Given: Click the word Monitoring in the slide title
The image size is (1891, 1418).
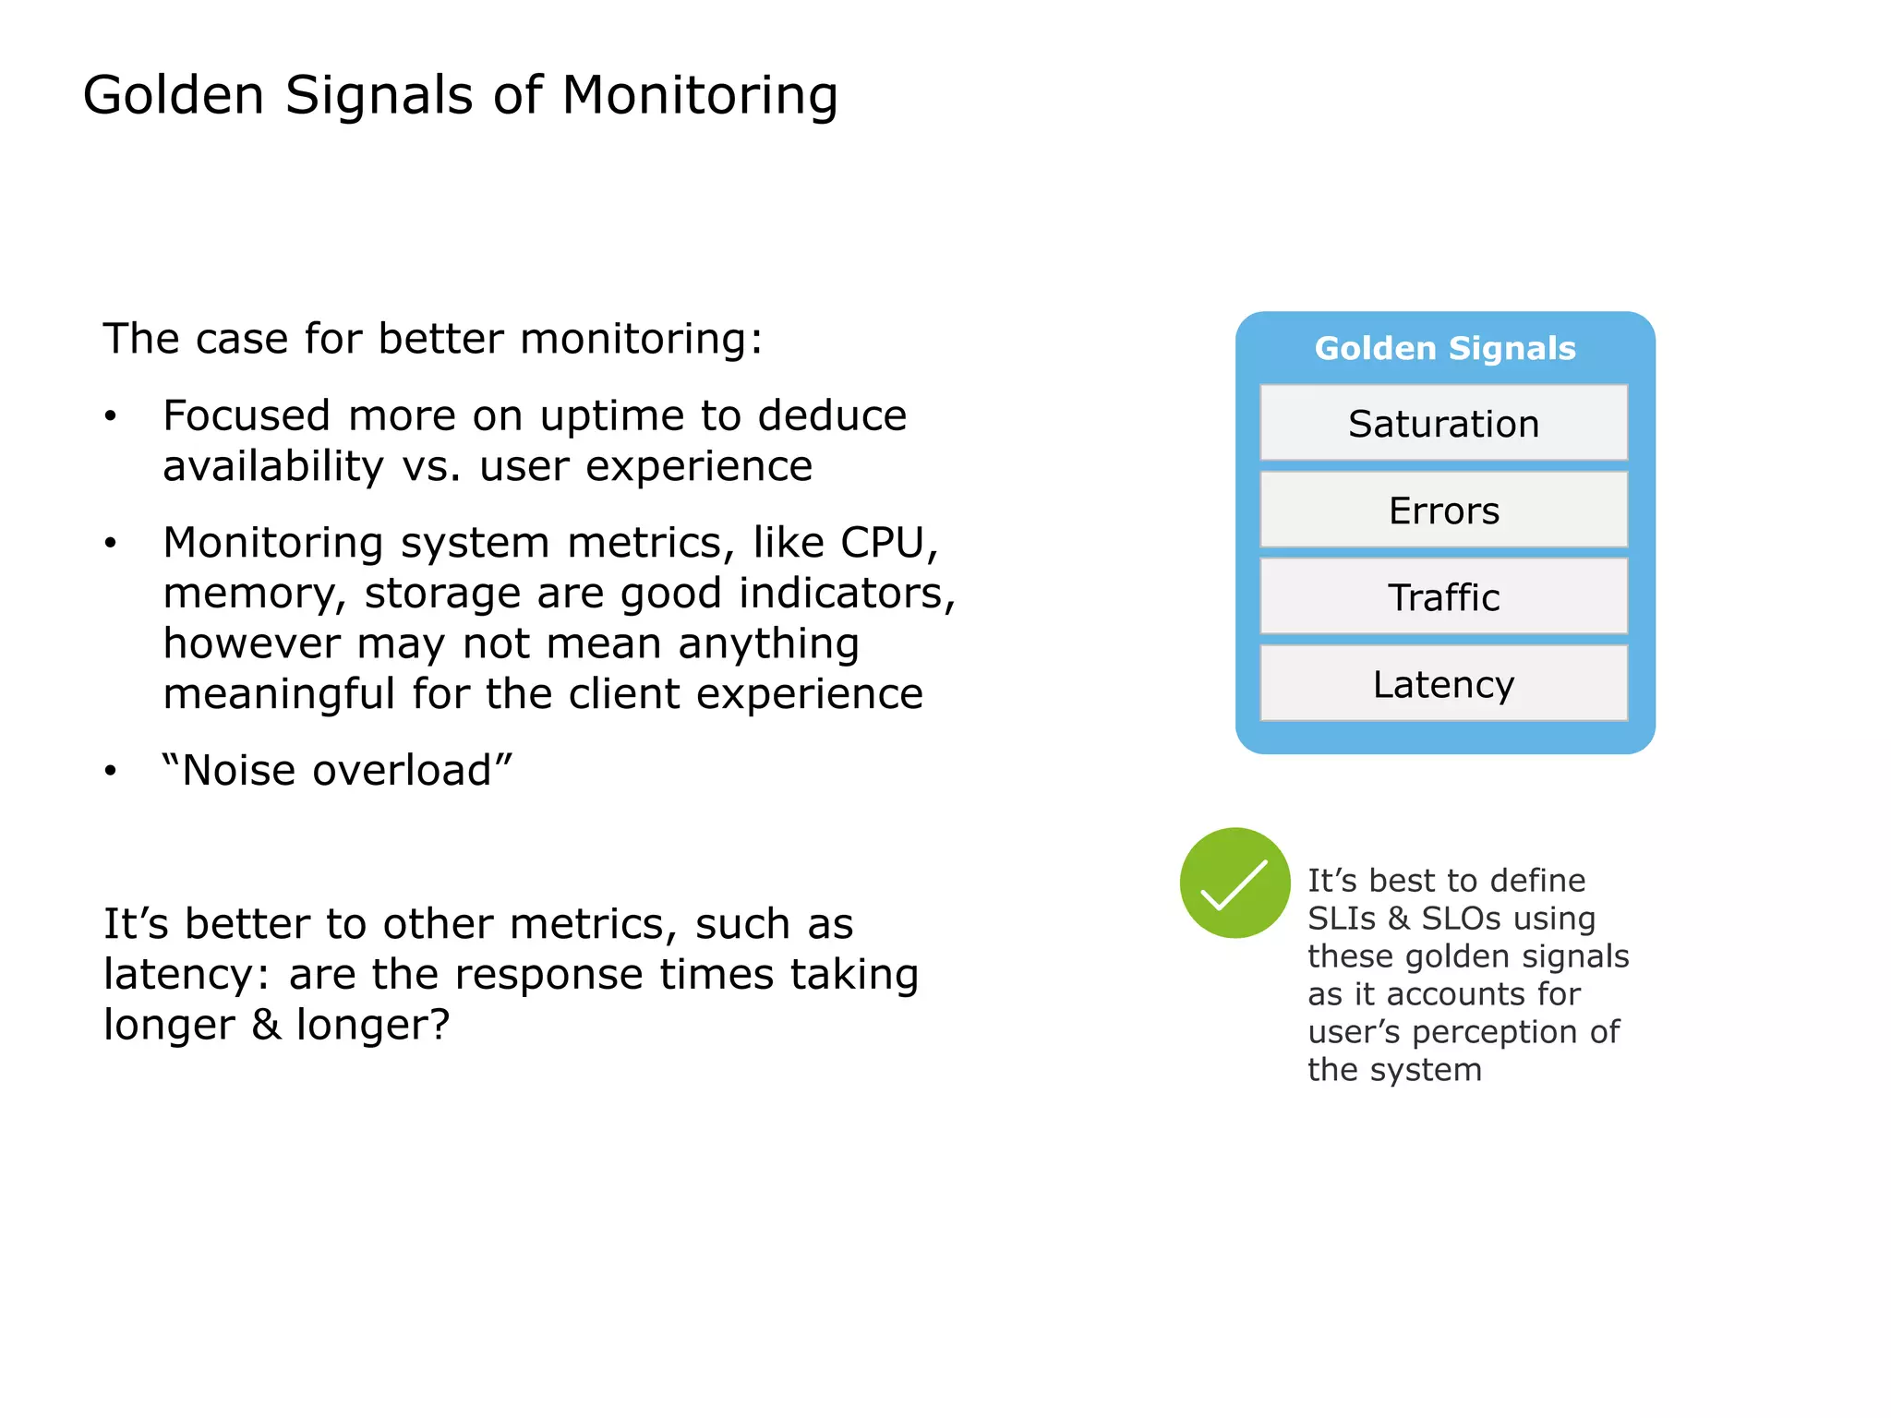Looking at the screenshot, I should [x=699, y=96].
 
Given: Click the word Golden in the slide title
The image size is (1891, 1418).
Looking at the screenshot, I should [x=174, y=96].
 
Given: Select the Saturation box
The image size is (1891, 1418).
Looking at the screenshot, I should [x=1443, y=424].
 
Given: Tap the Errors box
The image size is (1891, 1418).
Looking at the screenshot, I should [x=1443, y=511].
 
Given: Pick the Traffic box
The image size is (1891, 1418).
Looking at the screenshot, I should [x=1443, y=597].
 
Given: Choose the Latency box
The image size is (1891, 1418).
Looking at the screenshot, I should [x=1443, y=684].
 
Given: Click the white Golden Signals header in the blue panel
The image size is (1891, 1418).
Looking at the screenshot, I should [x=1444, y=348].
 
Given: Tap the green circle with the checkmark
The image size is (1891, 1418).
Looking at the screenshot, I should [x=1235, y=883].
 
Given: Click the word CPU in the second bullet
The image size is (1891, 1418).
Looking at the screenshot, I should [x=883, y=543].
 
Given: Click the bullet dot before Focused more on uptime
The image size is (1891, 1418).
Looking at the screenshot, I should [x=111, y=416].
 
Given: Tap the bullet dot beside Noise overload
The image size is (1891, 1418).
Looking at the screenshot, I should [x=111, y=771].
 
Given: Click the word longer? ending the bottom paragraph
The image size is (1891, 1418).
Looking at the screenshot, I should [x=372, y=1025].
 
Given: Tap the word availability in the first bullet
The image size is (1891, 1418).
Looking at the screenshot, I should [x=272, y=467].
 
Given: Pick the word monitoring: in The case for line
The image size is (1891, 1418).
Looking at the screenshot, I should [x=641, y=339].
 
